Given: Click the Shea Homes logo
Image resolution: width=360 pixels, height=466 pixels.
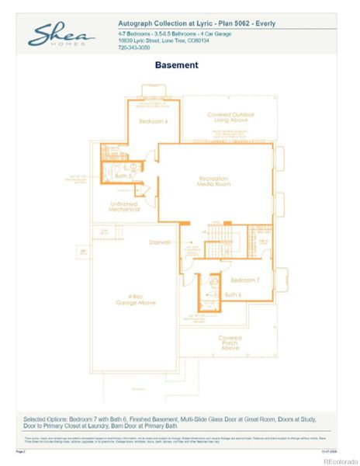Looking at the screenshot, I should coord(62,36).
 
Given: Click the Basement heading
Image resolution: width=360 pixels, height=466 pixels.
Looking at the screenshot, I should coord(176,66).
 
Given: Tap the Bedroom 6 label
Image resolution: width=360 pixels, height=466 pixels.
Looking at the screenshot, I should coord(153,122).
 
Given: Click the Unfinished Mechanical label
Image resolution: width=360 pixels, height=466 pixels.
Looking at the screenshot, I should coord(124,207).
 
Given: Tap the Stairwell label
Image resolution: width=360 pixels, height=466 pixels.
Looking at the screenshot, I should coord(159,242).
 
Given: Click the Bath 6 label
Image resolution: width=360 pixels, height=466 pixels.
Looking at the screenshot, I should coord(233,295).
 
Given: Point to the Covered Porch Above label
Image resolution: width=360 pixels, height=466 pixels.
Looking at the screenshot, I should coord(230,342).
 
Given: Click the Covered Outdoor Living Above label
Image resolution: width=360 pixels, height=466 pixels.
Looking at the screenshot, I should coord(230,117).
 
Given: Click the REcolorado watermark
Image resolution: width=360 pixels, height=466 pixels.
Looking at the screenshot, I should coord(338,460).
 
